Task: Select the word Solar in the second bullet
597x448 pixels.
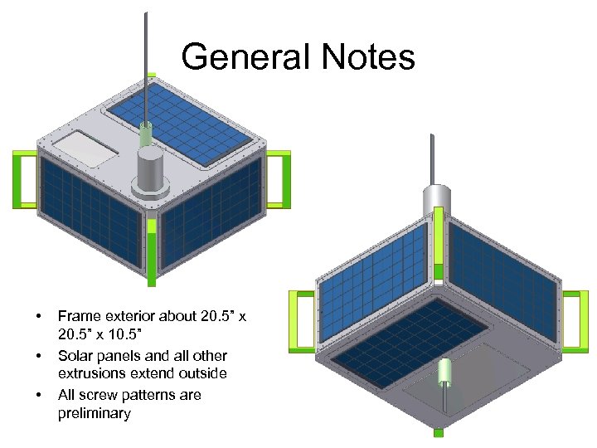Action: pos(77,355)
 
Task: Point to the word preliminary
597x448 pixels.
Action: pos(95,413)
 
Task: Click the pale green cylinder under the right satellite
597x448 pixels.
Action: pos(446,373)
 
